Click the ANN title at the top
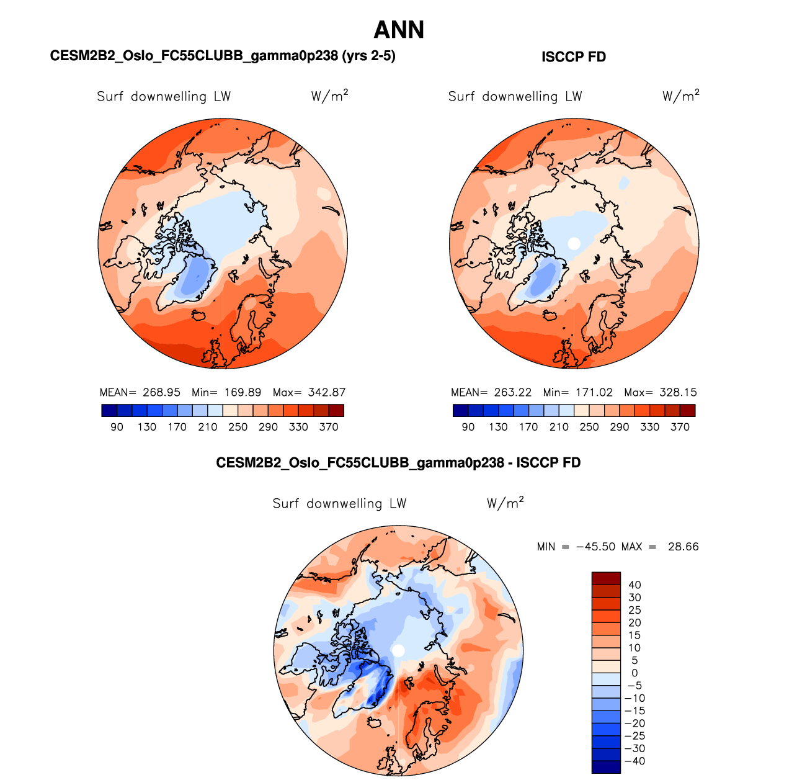pyautogui.click(x=399, y=30)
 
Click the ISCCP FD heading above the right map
pyautogui.click(x=574, y=57)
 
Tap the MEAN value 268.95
pyautogui.click(x=161, y=392)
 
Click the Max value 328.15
pyautogui.click(x=678, y=392)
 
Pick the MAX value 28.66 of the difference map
pyautogui.click(x=683, y=547)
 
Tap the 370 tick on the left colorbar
pyautogui.click(x=329, y=427)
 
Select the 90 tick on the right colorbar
pyautogui.click(x=468, y=427)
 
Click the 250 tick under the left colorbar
pyautogui.click(x=238, y=427)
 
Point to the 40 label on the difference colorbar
pyautogui.click(x=634, y=585)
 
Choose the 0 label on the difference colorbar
pyautogui.click(x=634, y=673)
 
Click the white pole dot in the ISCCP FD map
pyautogui.click(x=574, y=243)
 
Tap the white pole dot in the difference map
pyautogui.click(x=399, y=650)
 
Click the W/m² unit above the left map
pyautogui.click(x=329, y=96)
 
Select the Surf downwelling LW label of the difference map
pyautogui.click(x=339, y=503)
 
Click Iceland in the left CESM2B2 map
pyautogui.click(x=200, y=315)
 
